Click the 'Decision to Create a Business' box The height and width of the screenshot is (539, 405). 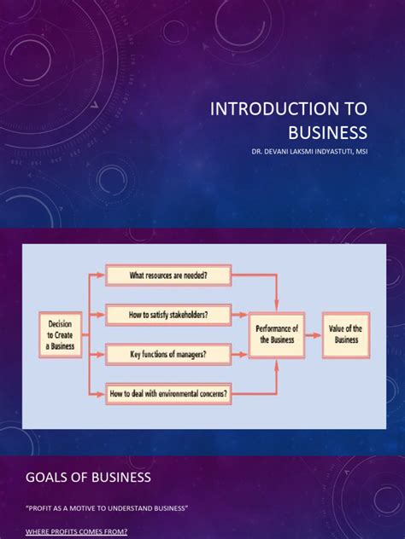tap(62, 333)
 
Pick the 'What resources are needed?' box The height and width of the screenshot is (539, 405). tap(168, 275)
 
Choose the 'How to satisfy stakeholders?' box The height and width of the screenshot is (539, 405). tap(168, 315)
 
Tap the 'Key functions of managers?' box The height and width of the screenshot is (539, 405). tap(168, 354)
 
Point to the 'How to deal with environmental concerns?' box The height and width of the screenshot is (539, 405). tap(168, 394)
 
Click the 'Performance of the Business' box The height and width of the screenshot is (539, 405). tap(276, 333)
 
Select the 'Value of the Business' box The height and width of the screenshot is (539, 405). tap(347, 333)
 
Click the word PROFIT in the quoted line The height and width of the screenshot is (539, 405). tap(42, 508)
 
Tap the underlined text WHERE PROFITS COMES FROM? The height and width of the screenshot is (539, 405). tap(77, 532)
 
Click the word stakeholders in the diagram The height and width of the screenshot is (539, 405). tap(185, 315)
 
